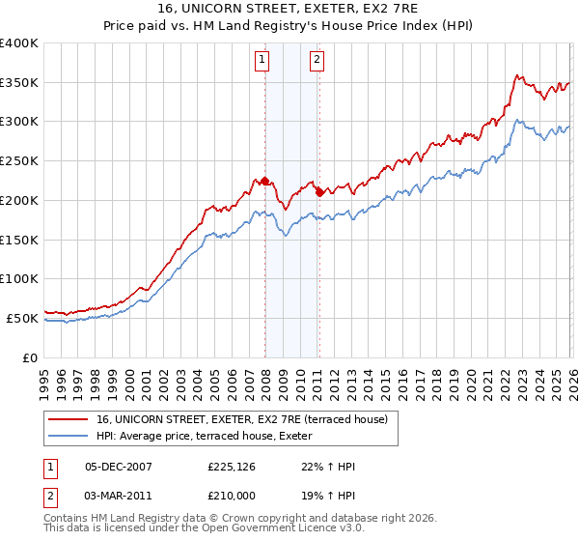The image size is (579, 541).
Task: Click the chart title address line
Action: click(x=289, y=9)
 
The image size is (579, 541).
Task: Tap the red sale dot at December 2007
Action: click(x=264, y=181)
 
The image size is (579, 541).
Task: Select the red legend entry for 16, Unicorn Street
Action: click(x=241, y=419)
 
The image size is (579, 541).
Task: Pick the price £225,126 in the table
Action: click(x=230, y=466)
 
